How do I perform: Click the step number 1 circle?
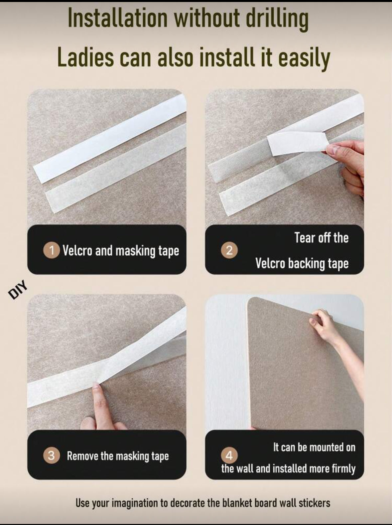point(51,251)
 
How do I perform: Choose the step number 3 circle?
point(51,456)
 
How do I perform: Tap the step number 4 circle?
point(229,456)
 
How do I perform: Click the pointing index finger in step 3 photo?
point(98,404)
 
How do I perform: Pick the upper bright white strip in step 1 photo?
point(110,139)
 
